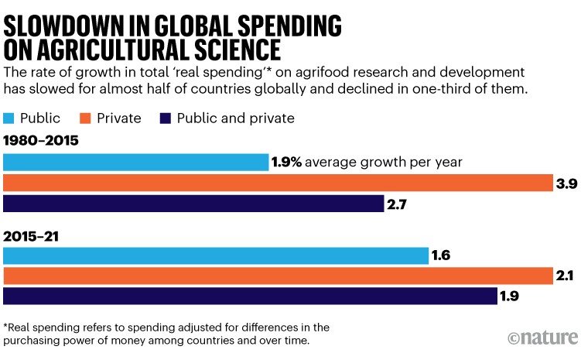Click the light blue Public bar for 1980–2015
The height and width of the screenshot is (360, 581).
[x=136, y=162]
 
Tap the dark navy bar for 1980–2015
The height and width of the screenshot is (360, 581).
[x=193, y=204]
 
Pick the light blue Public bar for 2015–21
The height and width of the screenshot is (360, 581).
[x=216, y=255]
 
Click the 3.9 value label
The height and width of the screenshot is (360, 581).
[x=566, y=183]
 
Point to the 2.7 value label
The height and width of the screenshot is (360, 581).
[x=397, y=204]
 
